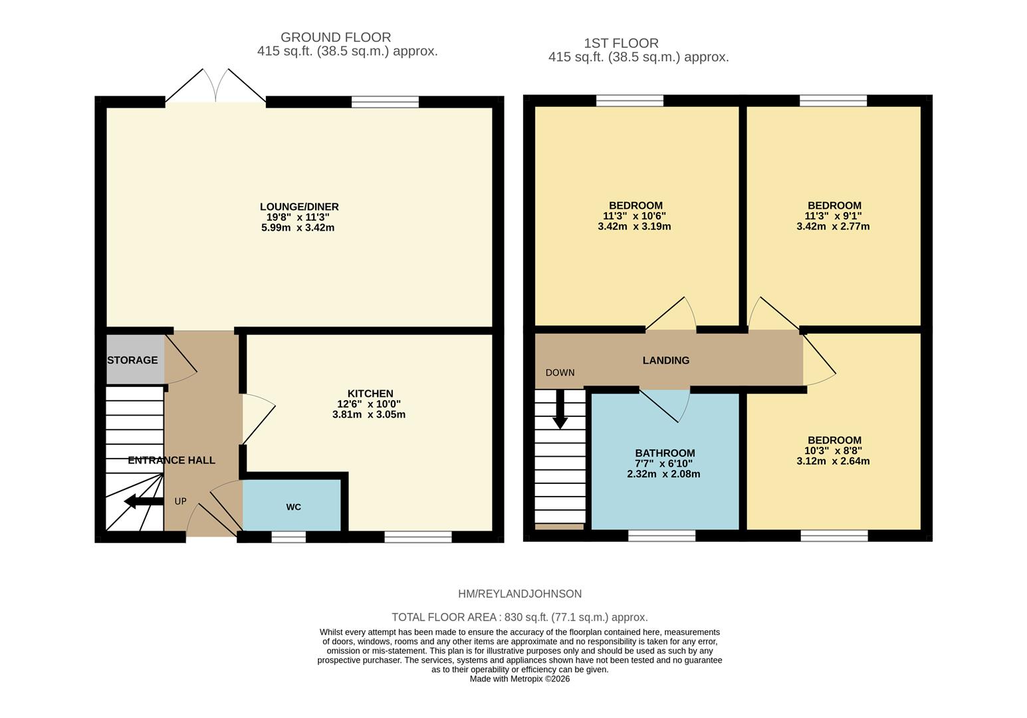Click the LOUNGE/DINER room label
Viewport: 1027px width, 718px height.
[299, 207]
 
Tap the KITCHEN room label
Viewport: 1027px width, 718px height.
[370, 394]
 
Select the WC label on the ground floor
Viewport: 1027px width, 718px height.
[293, 507]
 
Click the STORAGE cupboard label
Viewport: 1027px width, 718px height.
[132, 360]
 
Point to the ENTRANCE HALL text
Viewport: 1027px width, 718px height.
[171, 460]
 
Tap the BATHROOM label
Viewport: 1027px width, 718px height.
[665, 453]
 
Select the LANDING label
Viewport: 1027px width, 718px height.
[665, 360]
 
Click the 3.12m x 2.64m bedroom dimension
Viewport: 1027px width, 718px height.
[833, 461]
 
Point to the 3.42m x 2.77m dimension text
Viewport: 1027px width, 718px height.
[833, 226]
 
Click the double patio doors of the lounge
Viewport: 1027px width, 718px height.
[215, 90]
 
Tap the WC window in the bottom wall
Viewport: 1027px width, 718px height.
[288, 537]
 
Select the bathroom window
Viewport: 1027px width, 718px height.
[661, 536]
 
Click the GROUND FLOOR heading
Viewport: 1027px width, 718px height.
[336, 37]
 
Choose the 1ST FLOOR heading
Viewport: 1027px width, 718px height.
[621, 43]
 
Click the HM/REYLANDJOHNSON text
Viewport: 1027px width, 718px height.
[520, 594]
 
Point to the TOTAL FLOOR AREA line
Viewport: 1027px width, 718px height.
[520, 617]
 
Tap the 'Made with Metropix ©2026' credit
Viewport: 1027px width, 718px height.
[520, 679]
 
